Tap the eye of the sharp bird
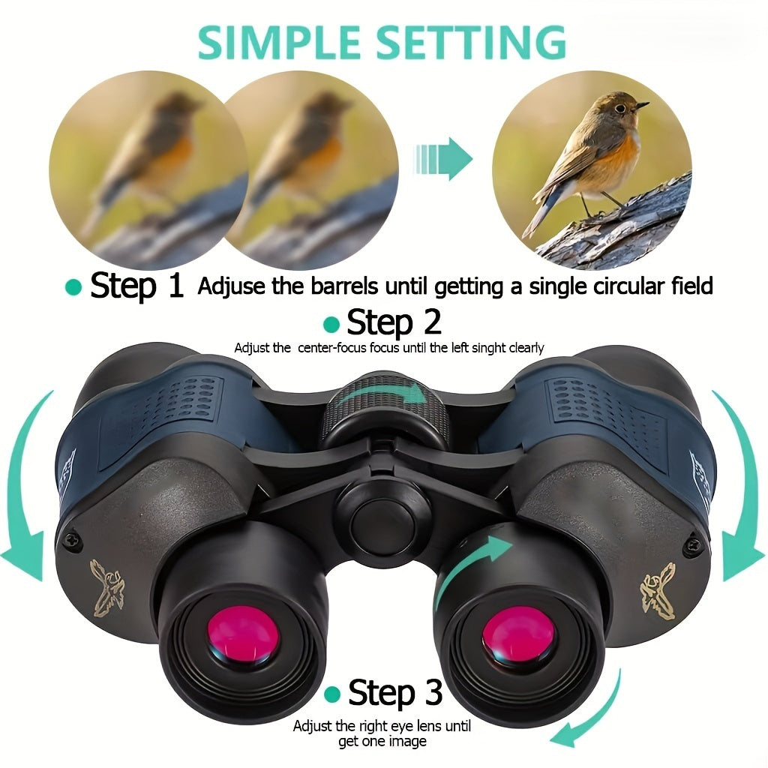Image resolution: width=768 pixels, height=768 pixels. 619,109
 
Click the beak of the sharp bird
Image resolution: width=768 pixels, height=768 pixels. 642,106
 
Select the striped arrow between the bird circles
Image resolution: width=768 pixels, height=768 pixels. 443,159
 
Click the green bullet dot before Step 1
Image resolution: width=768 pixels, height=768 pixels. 73,287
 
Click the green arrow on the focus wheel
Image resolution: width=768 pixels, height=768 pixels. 382,394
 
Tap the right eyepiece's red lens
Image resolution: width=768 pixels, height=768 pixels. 518,637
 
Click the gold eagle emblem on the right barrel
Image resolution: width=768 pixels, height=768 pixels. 657,589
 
